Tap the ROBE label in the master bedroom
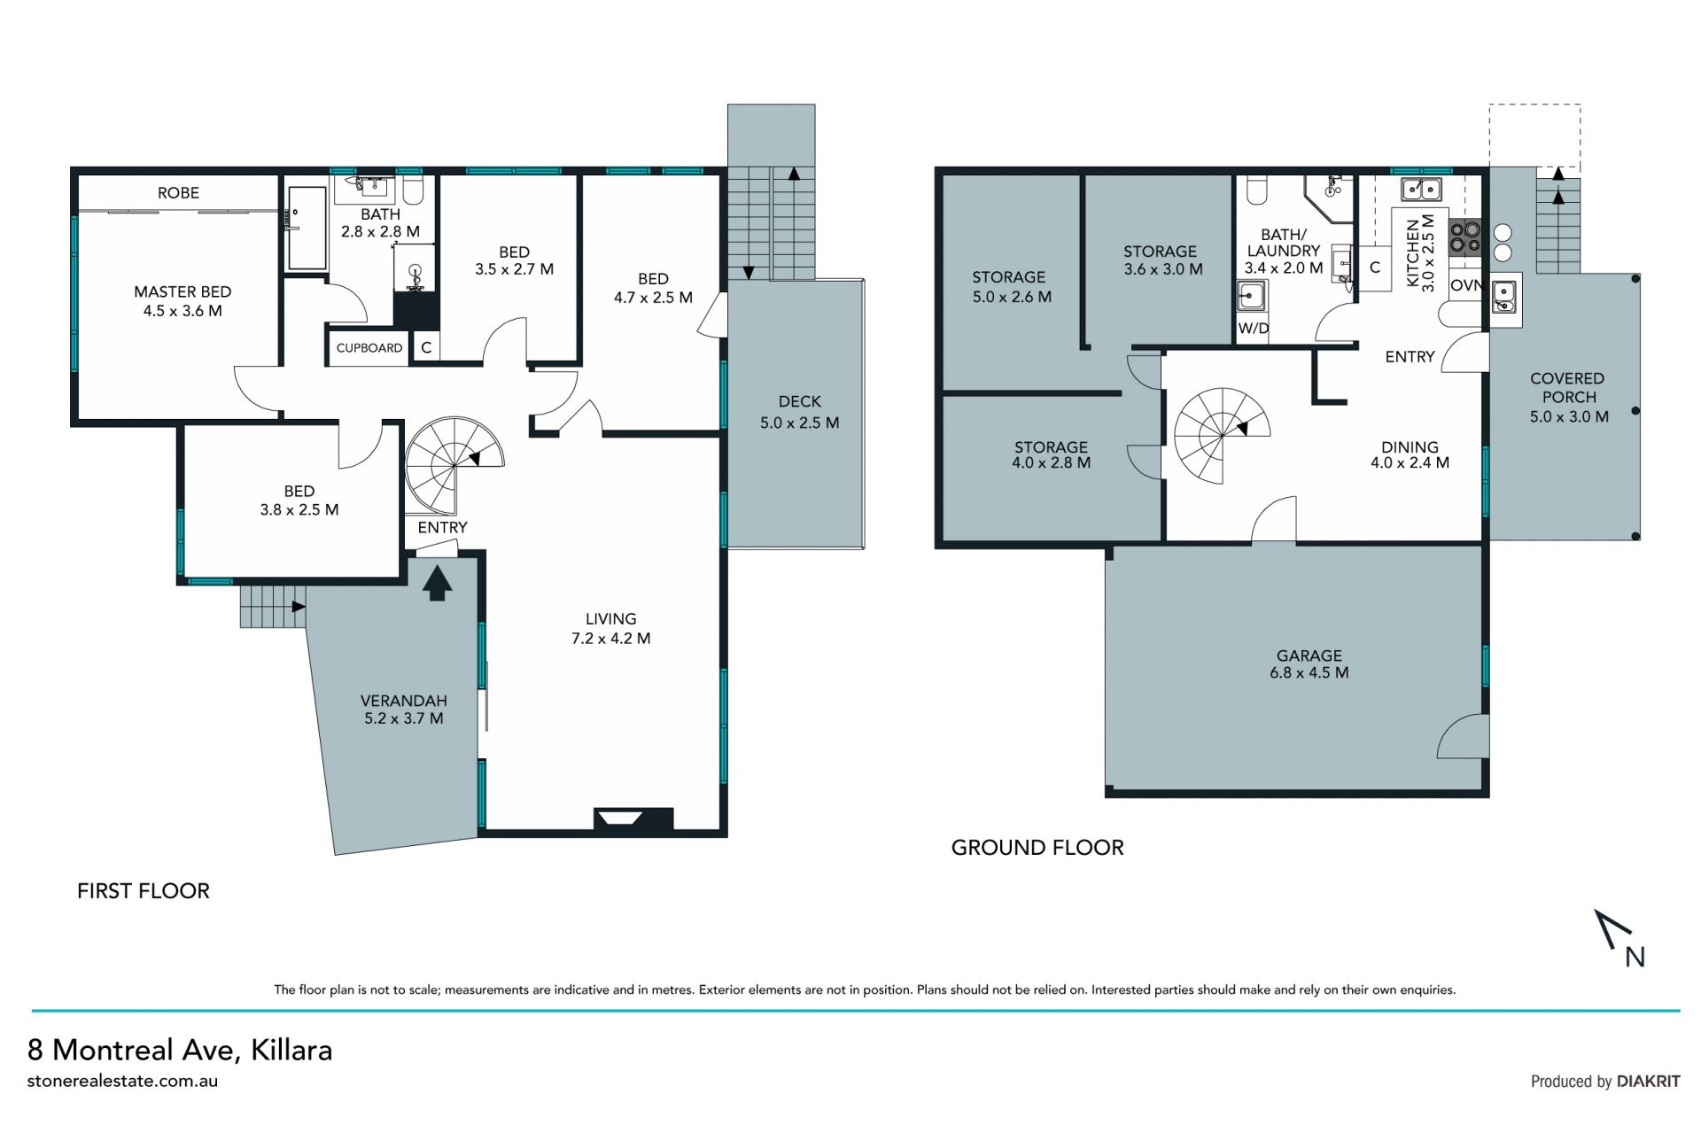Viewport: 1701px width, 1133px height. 178,192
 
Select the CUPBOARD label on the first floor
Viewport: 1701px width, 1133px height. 369,348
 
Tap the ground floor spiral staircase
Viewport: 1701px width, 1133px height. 1223,435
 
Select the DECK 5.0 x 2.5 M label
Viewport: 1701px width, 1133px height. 800,412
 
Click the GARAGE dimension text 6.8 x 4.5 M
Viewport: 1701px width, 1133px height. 1309,672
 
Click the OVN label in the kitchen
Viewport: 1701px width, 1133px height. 1466,285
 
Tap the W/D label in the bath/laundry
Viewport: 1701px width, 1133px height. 1253,329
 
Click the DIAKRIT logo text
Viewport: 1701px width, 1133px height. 1648,1081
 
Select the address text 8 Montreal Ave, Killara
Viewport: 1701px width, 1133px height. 180,1050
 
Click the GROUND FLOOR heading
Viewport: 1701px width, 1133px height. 1037,848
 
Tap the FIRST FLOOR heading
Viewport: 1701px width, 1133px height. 144,891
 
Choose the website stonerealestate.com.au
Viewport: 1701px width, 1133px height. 122,1081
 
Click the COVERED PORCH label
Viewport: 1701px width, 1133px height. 1567,388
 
